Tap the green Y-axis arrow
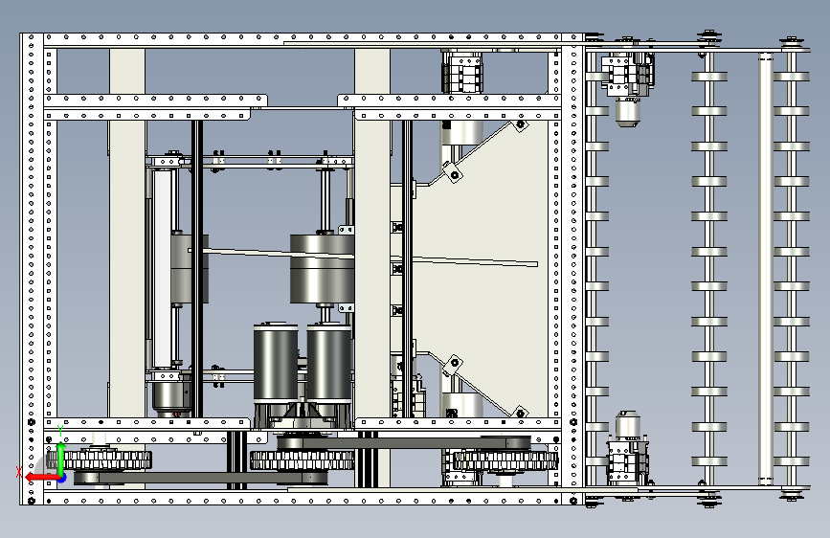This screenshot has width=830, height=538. click(61, 458)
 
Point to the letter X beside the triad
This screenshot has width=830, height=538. click(19, 472)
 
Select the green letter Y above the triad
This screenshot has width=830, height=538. click(60, 431)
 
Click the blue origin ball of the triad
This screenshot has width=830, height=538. click(62, 478)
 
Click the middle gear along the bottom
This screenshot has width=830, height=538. click(303, 460)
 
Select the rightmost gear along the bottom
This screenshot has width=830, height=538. click(505, 460)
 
